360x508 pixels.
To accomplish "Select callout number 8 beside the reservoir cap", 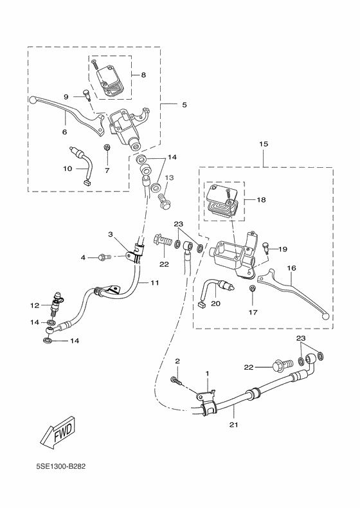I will [143, 75].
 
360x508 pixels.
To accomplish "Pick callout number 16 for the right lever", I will [291, 268].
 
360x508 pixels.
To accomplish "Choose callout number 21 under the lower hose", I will [233, 425].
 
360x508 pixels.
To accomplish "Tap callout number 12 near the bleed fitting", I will [35, 305].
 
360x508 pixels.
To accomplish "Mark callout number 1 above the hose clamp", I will [208, 373].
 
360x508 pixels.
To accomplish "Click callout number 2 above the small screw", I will [177, 362].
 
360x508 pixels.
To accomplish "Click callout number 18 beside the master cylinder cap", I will [262, 200].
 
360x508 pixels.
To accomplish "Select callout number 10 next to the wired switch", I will [67, 169].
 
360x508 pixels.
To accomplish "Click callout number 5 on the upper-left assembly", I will [184, 104].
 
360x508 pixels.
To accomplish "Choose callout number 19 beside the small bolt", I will [283, 248].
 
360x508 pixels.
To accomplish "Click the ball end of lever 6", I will [33, 100].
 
